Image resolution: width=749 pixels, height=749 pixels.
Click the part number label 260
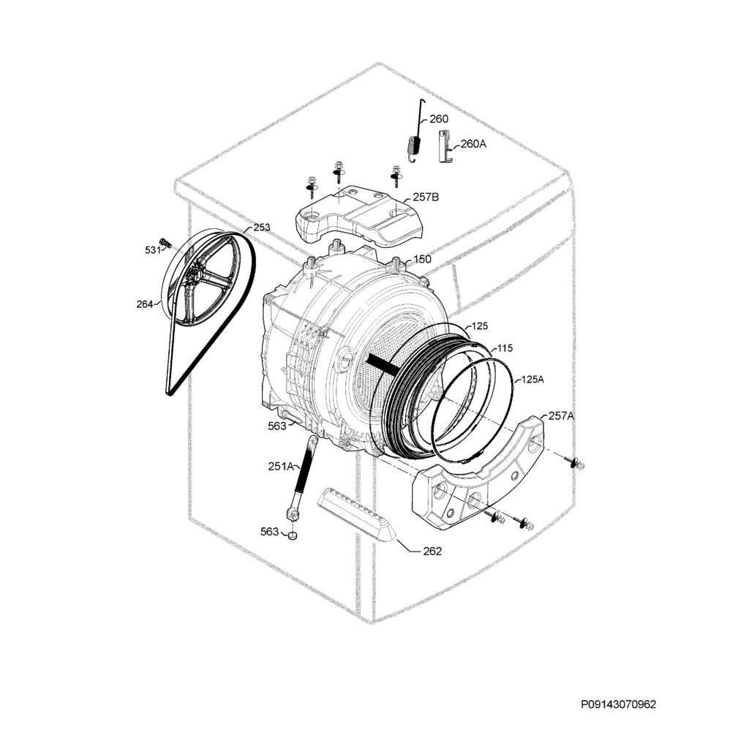439,119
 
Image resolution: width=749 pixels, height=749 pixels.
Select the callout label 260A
473,144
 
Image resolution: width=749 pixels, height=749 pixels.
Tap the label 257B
426,197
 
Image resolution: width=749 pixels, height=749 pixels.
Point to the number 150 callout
422,259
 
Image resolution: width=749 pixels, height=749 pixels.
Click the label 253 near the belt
261,227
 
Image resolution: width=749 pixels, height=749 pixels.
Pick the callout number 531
151,250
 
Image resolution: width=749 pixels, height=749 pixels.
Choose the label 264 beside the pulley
143,304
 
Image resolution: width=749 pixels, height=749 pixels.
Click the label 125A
532,380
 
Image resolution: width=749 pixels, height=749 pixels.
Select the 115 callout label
505,349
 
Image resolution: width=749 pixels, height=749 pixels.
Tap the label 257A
561,415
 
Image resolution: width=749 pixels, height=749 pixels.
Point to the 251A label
280,466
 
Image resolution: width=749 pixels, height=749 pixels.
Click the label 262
432,552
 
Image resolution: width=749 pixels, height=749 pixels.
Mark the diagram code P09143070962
619,705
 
